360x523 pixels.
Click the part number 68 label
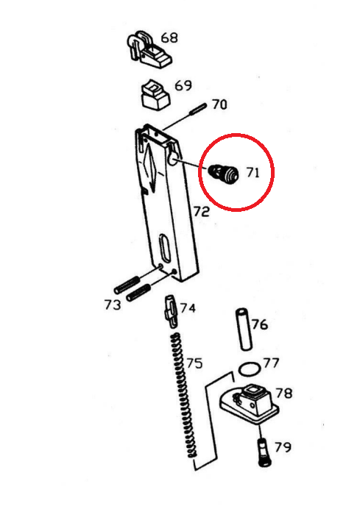point(169,38)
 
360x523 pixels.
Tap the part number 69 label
point(183,85)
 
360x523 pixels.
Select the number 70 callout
point(219,104)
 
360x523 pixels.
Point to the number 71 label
point(253,172)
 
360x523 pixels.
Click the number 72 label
point(202,211)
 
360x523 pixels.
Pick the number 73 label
point(113,305)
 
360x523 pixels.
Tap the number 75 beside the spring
point(194,363)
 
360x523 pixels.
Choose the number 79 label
point(283,446)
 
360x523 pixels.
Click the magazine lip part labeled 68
point(149,50)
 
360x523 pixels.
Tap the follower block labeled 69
point(155,94)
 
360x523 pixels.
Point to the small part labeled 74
point(170,312)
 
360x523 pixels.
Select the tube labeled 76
point(244,330)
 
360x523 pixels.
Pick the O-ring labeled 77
point(250,369)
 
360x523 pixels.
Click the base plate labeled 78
point(249,404)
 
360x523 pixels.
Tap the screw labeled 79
point(264,452)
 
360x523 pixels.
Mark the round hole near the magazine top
point(173,160)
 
